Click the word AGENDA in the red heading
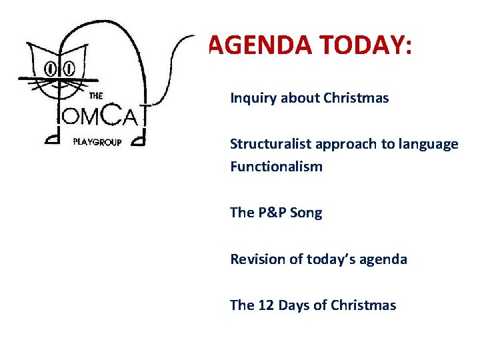point(261,46)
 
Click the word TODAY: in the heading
point(365,46)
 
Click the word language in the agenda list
point(431,145)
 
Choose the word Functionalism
point(276,167)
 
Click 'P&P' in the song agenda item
point(271,213)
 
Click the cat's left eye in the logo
point(51,68)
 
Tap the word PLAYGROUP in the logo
point(97,142)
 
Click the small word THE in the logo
point(96,95)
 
